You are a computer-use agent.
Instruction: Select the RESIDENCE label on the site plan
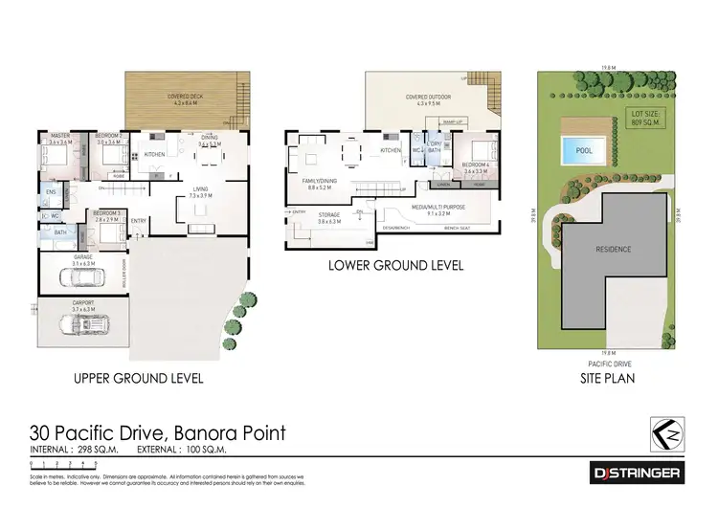[x=613, y=249]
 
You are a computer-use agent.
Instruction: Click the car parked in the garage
[x=81, y=277]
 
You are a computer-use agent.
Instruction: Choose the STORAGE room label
[x=330, y=216]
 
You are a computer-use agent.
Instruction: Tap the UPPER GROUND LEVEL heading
[x=139, y=378]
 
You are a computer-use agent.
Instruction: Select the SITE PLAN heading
[x=608, y=378]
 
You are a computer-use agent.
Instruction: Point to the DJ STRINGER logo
[x=634, y=474]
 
